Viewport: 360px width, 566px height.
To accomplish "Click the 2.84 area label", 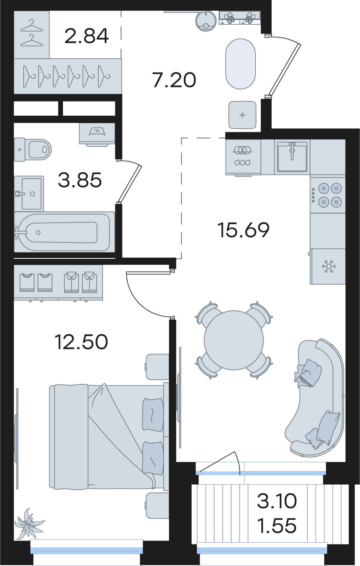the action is [x=86, y=36].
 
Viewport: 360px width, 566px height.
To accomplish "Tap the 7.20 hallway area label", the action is [x=174, y=80].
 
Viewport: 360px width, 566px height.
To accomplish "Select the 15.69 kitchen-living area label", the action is [x=243, y=230].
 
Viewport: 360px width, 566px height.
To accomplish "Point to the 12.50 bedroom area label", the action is [x=81, y=342].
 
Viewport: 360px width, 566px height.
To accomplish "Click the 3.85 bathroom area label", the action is [x=80, y=180].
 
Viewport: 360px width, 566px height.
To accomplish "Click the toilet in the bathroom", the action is [x=33, y=149].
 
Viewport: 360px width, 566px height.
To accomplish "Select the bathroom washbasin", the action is [x=29, y=193].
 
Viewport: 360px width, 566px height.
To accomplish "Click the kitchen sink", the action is [x=292, y=157].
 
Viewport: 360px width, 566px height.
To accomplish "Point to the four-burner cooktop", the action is [x=327, y=195].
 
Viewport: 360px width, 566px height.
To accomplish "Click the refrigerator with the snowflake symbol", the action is [x=328, y=266].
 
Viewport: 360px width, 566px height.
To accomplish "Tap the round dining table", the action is [x=234, y=340].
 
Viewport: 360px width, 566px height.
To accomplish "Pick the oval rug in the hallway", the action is [x=241, y=64].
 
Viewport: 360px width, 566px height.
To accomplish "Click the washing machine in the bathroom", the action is [x=97, y=134].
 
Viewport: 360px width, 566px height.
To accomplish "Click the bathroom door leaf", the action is [x=130, y=182].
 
